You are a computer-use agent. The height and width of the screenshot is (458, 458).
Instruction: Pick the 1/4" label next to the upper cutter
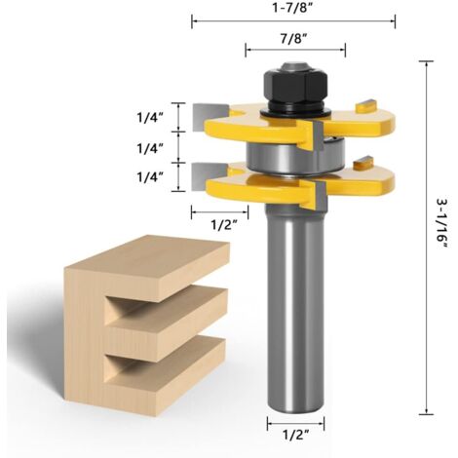152,116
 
